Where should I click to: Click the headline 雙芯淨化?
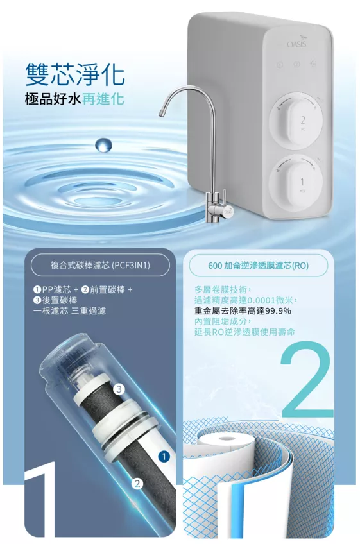coord(75,74)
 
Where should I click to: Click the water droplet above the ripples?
coord(103,145)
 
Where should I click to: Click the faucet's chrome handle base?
coord(219,210)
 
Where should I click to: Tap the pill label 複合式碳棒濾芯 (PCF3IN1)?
coord(100,266)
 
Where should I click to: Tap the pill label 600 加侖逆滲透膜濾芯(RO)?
coord(258,266)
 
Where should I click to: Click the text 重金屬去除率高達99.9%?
coord(243,311)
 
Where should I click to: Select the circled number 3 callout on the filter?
coord(119,389)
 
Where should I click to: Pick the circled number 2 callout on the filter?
coord(137,484)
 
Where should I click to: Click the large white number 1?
coord(42,499)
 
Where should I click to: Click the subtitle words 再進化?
coord(103,99)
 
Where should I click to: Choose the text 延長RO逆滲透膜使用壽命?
coord(244,332)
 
